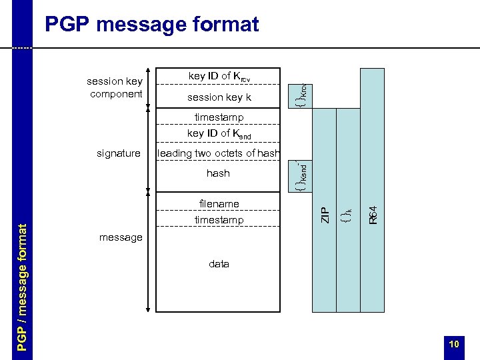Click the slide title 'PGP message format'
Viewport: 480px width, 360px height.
[x=151, y=25]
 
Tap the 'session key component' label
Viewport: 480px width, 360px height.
[x=115, y=87]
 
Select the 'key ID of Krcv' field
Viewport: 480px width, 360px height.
[x=219, y=77]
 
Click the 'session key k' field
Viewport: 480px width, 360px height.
[x=219, y=97]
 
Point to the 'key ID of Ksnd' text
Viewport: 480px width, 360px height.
[x=219, y=133]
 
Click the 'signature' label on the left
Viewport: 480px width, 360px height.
[x=119, y=153]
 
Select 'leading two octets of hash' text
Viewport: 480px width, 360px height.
[x=219, y=154]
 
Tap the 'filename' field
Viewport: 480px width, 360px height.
[x=219, y=203]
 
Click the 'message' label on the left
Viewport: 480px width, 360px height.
[x=121, y=237]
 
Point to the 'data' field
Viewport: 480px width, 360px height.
[x=219, y=264]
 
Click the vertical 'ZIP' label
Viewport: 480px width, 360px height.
[x=325, y=215]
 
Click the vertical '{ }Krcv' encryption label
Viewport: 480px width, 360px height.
[x=302, y=94]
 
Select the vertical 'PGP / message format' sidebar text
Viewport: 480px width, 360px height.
[x=23, y=287]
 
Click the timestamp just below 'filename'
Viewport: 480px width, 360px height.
[x=219, y=220]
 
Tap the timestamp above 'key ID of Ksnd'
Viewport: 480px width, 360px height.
[x=219, y=117]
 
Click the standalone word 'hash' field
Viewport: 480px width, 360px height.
[x=218, y=173]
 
